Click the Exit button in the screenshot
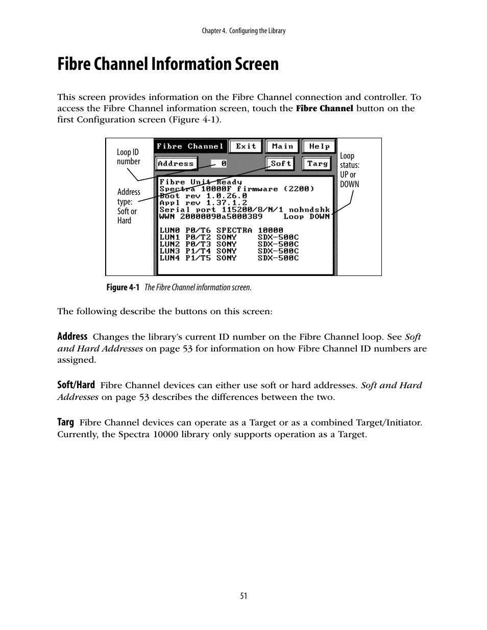(246, 146)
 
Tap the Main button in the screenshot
(282, 146)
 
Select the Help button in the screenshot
(319, 146)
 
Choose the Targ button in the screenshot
(317, 164)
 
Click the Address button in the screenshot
(176, 164)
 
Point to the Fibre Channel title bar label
(190, 146)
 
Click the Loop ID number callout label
(128, 157)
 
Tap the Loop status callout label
(350, 170)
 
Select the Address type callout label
(128, 206)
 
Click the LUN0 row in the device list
(221, 230)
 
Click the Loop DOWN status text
(306, 216)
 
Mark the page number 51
(243, 596)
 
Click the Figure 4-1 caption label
(123, 288)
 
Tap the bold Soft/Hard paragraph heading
(76, 385)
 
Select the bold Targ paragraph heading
(65, 422)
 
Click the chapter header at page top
(243, 31)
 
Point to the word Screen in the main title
(256, 64)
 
